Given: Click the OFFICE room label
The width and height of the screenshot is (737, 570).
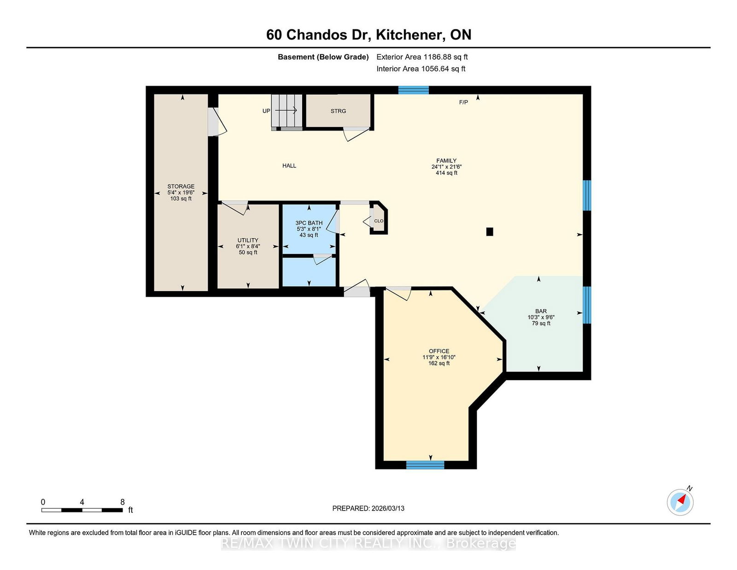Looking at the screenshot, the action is coord(439,351).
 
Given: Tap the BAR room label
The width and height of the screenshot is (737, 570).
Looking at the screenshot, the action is coord(541,311).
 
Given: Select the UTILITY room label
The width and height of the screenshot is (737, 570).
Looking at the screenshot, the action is coord(248,240).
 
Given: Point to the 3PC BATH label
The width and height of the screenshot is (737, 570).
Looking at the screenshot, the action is coord(309,223).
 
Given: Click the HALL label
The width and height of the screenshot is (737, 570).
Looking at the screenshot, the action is coord(289,165).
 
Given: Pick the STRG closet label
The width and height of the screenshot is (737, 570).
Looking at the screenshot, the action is coord(338,111).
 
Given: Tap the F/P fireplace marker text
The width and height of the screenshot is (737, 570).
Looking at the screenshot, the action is coord(464,102).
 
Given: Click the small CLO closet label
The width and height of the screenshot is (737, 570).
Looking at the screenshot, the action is coord(379,221).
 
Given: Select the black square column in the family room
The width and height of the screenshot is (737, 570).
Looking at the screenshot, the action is coord(489,232).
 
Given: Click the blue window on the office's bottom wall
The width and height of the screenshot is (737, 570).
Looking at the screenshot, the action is coord(425,465).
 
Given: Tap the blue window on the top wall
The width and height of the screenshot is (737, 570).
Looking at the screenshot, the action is coord(414,90).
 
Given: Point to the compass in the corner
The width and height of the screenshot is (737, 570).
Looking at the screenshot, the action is coord(680,502).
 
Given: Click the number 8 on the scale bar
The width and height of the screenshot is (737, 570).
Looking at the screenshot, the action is coord(123,502).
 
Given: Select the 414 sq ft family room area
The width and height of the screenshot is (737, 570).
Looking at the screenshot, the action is coord(446,173).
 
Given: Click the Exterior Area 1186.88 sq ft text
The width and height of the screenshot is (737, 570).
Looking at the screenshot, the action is coord(422,57).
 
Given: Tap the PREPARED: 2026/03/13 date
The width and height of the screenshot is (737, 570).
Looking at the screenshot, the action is coord(368,508).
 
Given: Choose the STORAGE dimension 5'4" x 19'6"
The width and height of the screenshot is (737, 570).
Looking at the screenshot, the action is coord(181,192).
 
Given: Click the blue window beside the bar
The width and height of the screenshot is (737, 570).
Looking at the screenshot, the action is coord(587,305).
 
